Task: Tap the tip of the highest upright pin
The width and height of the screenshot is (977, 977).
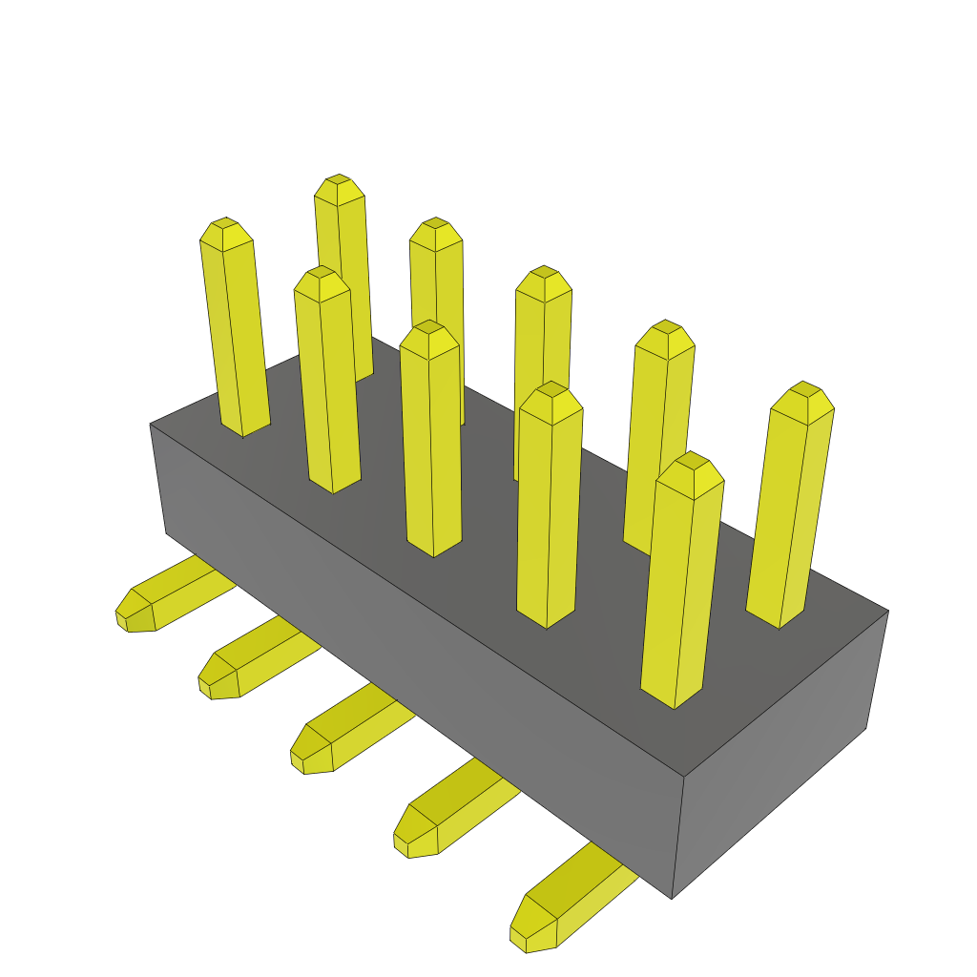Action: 339,180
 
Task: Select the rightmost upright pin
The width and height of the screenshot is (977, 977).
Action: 790,506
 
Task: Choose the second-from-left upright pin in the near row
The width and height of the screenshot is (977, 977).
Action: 328,382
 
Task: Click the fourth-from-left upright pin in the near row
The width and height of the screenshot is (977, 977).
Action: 550,506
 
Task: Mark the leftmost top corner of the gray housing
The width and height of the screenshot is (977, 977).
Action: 151,425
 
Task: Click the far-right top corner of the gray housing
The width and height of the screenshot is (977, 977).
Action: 888,612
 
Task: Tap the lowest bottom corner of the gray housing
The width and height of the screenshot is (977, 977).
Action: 672,898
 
